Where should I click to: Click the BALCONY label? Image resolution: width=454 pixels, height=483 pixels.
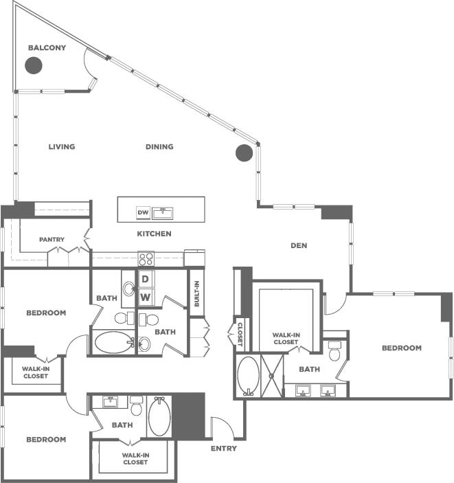pyautogui.click(x=47, y=48)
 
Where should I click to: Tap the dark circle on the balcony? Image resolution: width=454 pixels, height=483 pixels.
pyautogui.click(x=33, y=65)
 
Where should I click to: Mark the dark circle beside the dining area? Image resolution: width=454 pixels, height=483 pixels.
pyautogui.click(x=244, y=153)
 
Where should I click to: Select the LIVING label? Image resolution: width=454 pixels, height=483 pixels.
pyautogui.click(x=62, y=146)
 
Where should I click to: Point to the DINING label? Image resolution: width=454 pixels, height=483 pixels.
pyautogui.click(x=159, y=146)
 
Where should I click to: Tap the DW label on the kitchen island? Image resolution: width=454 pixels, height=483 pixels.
pyautogui.click(x=143, y=213)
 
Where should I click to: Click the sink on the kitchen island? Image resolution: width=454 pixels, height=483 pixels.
pyautogui.click(x=163, y=212)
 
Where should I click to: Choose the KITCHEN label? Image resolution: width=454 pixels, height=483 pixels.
pyautogui.click(x=154, y=234)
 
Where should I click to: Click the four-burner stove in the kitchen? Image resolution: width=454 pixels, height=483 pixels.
pyautogui.click(x=146, y=259)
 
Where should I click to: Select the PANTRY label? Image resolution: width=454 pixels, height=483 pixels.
pyautogui.click(x=52, y=240)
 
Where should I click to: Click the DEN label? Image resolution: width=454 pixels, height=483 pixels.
pyautogui.click(x=298, y=245)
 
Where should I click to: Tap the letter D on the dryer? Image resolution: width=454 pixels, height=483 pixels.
pyautogui.click(x=145, y=279)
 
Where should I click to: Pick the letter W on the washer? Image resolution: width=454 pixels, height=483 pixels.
pyautogui.click(x=145, y=297)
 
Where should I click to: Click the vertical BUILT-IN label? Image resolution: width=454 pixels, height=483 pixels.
pyautogui.click(x=196, y=293)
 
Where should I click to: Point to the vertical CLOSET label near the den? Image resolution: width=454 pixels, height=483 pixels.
pyautogui.click(x=240, y=335)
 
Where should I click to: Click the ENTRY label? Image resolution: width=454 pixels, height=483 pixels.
pyautogui.click(x=224, y=449)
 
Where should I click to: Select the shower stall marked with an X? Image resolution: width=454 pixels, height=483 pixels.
pyautogui.click(x=272, y=376)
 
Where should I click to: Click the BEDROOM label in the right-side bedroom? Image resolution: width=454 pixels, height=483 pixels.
pyautogui.click(x=401, y=348)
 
